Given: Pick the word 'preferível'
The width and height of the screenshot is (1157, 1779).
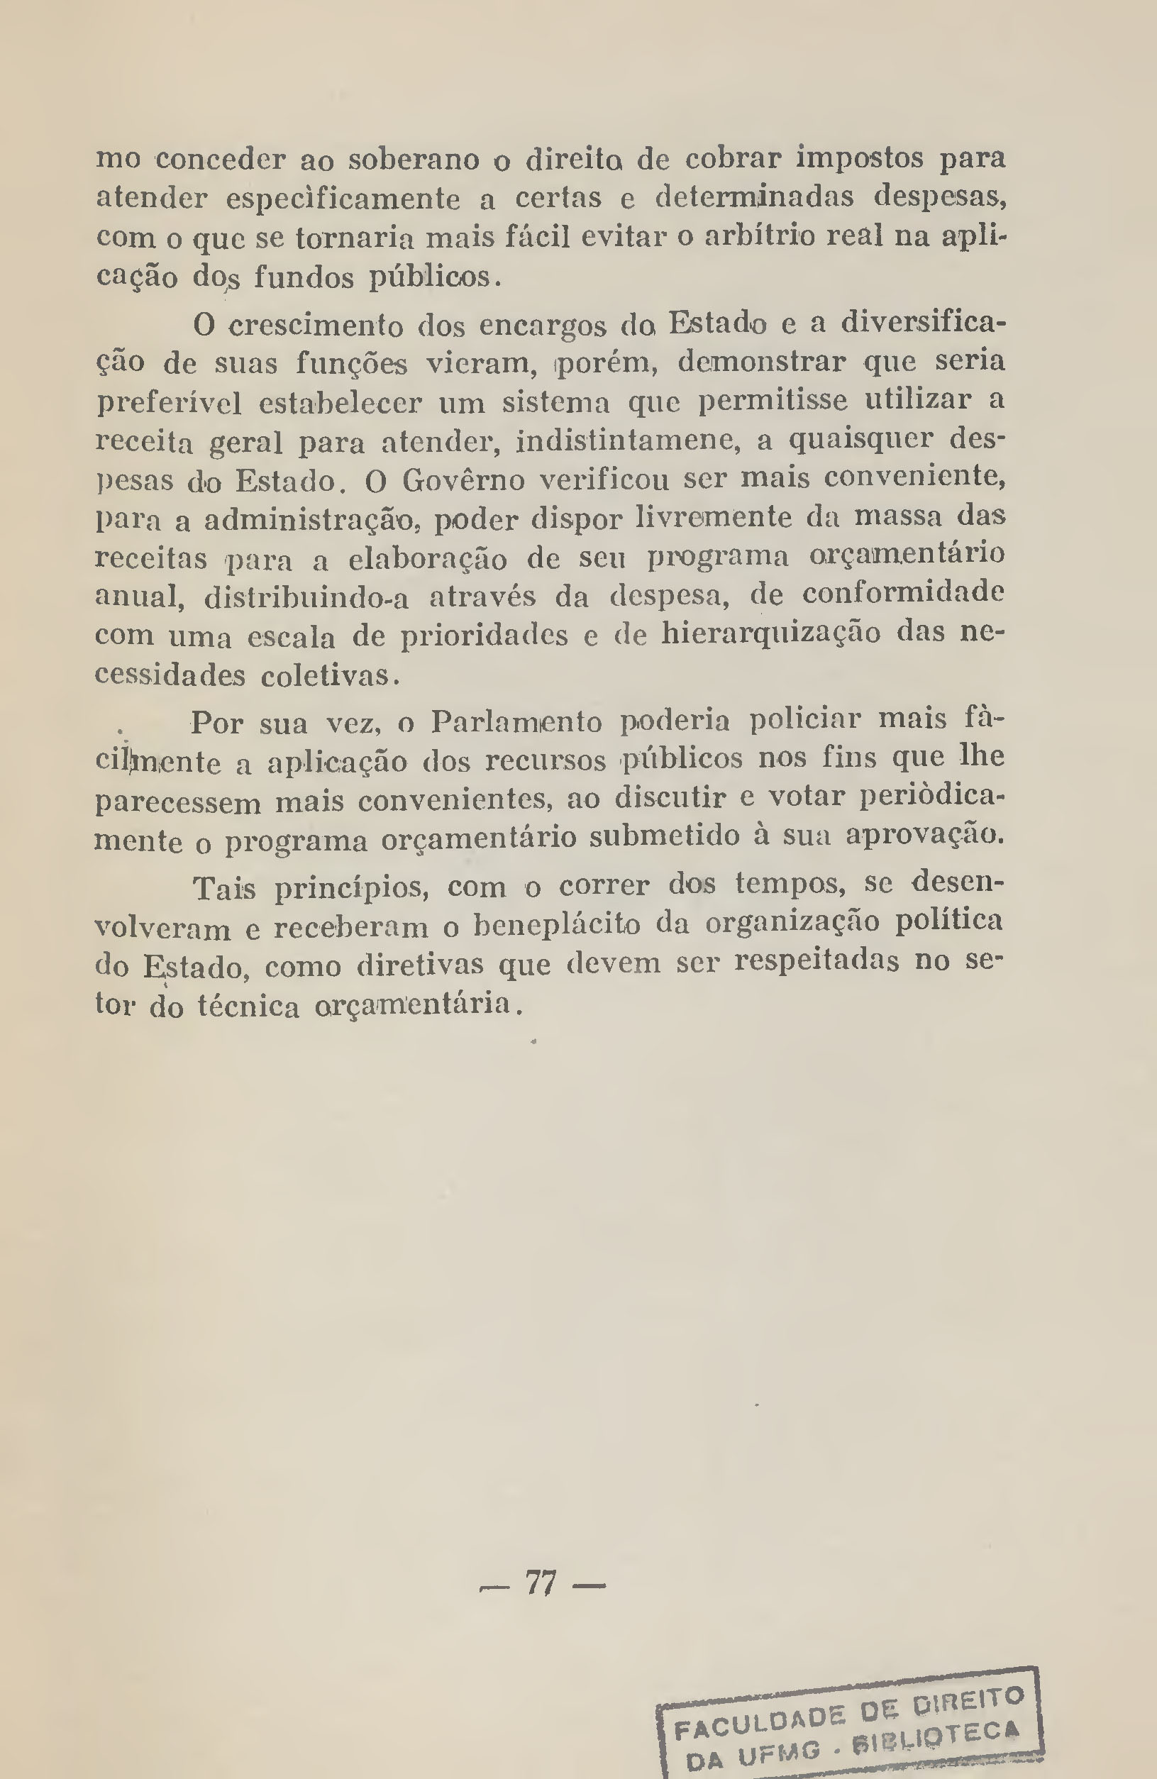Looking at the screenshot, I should coord(169,404).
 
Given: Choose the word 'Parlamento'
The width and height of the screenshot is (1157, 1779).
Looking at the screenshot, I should coord(516,722).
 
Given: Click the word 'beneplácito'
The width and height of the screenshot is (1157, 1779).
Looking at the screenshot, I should coord(558,927).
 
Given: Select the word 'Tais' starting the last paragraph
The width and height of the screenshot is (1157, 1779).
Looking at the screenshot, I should coord(224,889).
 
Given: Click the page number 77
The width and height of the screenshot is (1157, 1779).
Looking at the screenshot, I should coord(541,1583).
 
